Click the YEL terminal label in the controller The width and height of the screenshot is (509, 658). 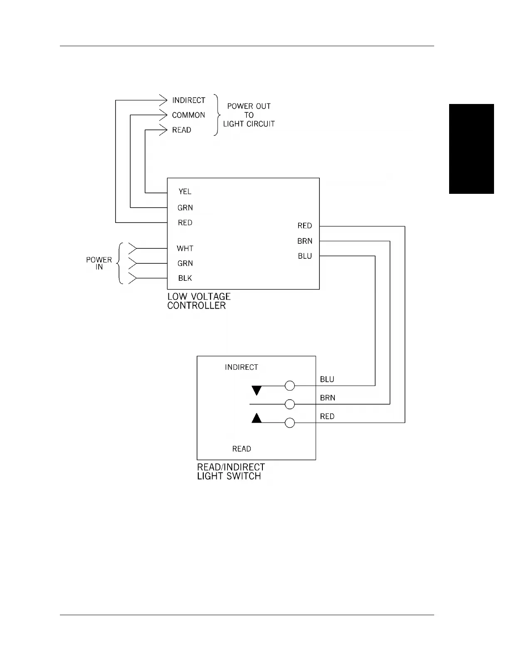tap(185, 191)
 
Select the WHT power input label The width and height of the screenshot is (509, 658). tap(185, 248)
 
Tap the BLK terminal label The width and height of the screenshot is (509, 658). tap(185, 278)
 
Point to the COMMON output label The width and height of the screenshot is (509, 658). tap(188, 115)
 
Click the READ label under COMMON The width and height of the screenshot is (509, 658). tap(182, 130)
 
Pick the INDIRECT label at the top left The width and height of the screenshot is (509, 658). tap(189, 100)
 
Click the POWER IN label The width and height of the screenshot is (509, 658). tap(99, 263)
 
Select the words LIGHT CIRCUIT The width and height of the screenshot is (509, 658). tap(249, 124)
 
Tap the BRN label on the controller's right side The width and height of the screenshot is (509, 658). tap(305, 241)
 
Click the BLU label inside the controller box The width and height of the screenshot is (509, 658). tap(305, 256)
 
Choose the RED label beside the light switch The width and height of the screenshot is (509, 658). tap(327, 416)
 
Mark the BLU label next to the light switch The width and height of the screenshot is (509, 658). tap(327, 379)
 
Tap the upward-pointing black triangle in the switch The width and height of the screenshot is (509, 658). tap(257, 418)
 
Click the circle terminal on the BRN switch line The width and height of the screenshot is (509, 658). tap(290, 404)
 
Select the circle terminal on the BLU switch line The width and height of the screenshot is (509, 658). tap(290, 386)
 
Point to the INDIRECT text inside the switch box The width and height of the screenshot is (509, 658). tap(241, 367)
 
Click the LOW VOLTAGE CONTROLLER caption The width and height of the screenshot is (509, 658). tap(199, 301)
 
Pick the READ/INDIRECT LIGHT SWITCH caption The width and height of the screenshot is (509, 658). tap(231, 472)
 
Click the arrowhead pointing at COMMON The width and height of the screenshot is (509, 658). tap(163, 115)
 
